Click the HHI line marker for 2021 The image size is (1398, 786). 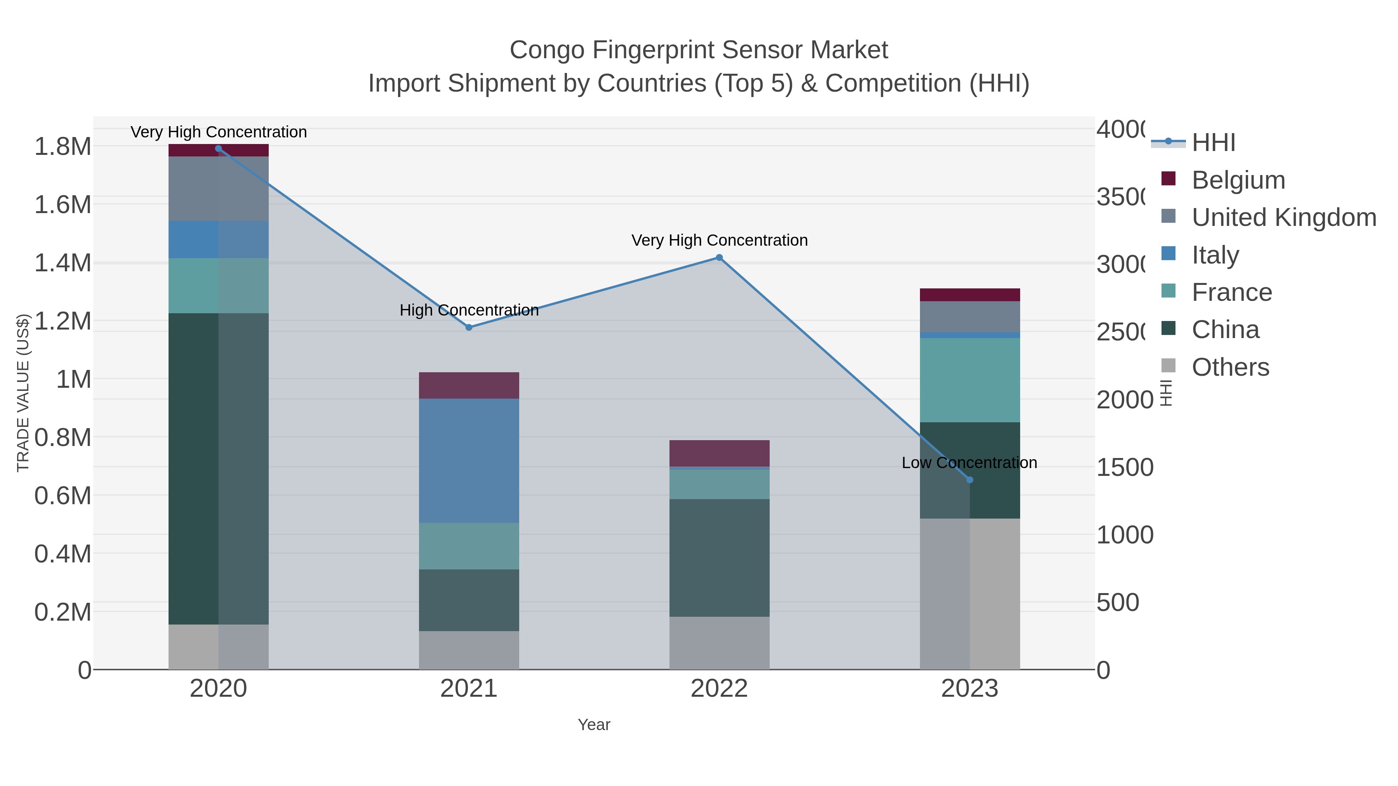[x=469, y=328]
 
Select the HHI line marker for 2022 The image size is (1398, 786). [x=719, y=258]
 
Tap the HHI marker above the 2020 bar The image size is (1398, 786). [x=218, y=149]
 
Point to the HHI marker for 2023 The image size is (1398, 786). [x=970, y=479]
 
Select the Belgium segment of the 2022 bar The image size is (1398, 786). [x=719, y=453]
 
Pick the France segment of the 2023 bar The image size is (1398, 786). [x=970, y=380]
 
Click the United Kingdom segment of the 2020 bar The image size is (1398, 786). [x=218, y=188]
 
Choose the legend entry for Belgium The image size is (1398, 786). [x=1238, y=180]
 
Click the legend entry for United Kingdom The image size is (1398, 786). [x=1283, y=217]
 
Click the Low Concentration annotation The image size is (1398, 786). [x=969, y=463]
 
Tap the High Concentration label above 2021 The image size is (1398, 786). [x=469, y=310]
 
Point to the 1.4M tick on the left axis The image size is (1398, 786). [x=63, y=263]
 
